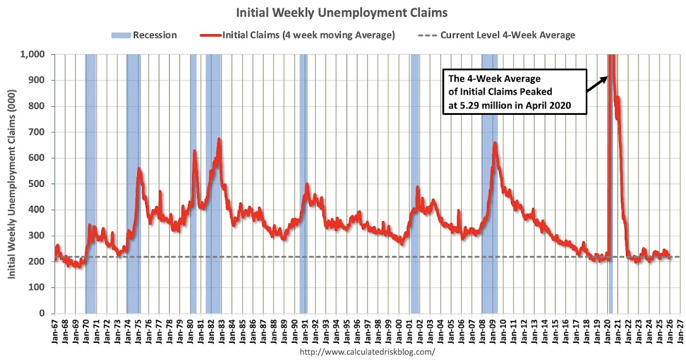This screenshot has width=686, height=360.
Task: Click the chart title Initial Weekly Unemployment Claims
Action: pos(343,12)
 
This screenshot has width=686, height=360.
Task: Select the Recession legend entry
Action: pos(144,35)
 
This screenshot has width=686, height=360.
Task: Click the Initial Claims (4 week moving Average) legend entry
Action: pos(298,35)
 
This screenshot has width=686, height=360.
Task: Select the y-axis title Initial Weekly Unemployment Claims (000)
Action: pos(11,183)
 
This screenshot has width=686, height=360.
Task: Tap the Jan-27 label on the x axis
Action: pos(680,332)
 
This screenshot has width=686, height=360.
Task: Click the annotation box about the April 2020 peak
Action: pos(515,92)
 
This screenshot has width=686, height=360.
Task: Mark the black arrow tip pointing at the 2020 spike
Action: pos(607,76)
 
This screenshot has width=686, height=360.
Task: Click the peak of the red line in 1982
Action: pos(219,139)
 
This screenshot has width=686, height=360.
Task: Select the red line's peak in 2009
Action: pos(495,143)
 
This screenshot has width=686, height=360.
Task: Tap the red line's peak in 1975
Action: pos(139,169)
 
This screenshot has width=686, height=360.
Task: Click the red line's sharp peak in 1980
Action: pos(194,151)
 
